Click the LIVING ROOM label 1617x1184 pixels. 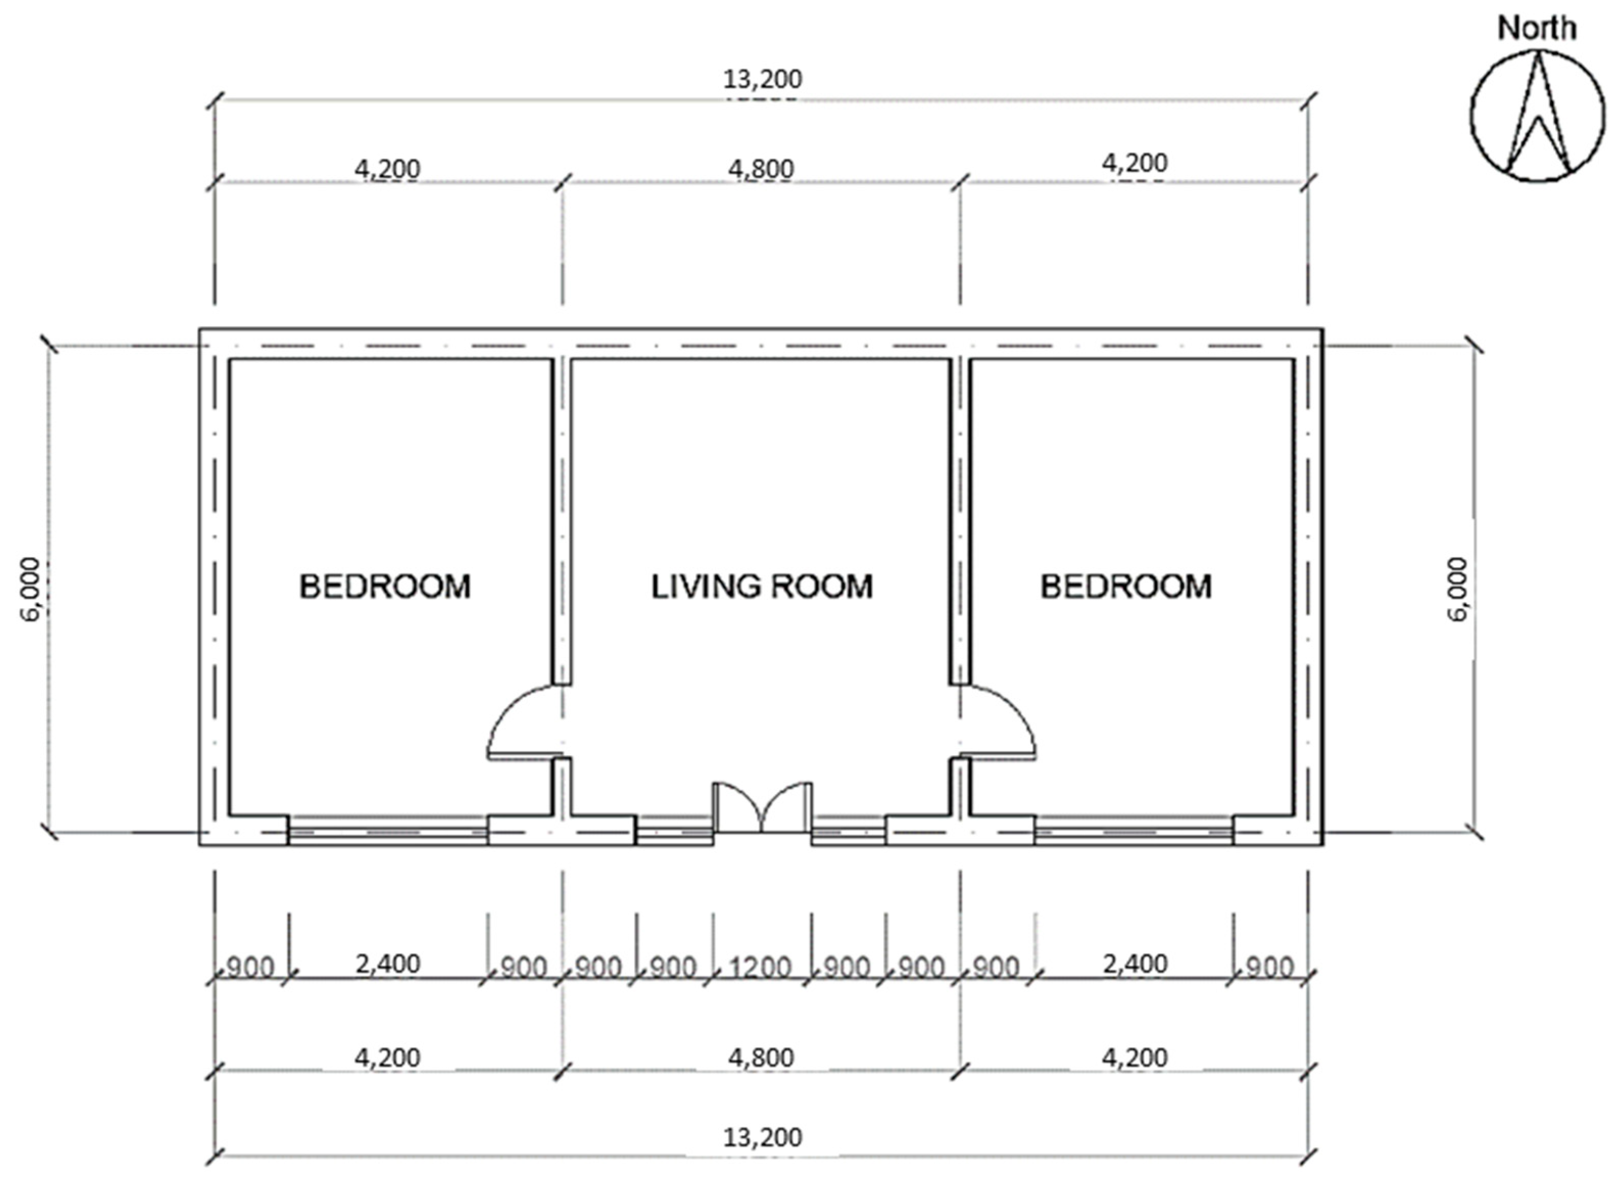(761, 586)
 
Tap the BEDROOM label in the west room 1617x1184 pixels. (385, 586)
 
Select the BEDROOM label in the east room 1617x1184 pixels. (1125, 586)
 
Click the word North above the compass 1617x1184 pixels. (1537, 29)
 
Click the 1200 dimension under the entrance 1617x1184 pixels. (760, 968)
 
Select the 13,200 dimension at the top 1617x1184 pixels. (762, 79)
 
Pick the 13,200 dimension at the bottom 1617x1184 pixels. (762, 1138)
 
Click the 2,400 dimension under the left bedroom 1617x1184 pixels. (387, 964)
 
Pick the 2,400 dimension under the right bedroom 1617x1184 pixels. (1135, 964)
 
